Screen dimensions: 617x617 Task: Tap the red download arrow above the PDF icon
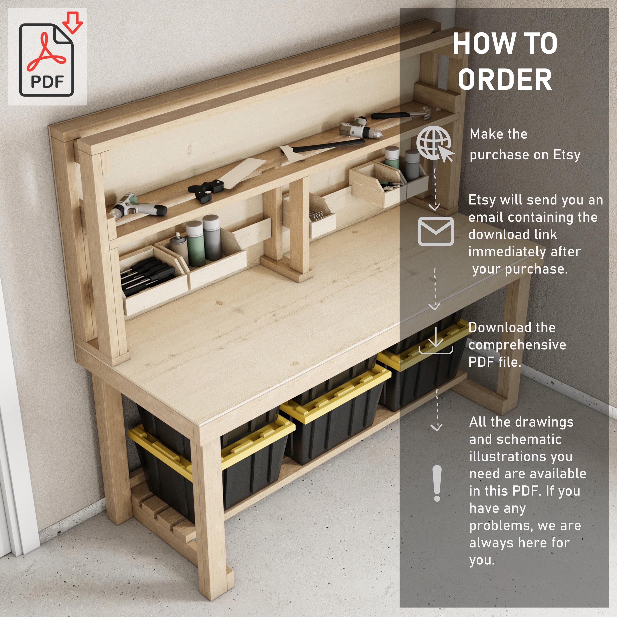[x=72, y=22]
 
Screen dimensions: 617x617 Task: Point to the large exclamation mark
[x=437, y=483]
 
